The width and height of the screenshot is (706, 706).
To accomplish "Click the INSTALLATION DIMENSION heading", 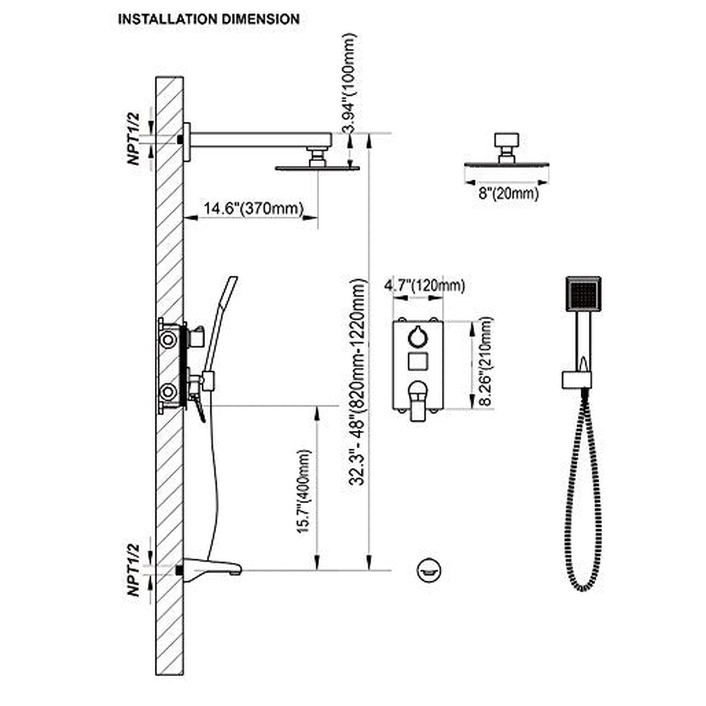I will pyautogui.click(x=209, y=20).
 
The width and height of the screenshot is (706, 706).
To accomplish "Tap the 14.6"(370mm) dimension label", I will pyautogui.click(x=253, y=208).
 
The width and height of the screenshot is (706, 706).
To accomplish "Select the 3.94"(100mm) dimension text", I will pyautogui.click(x=350, y=83).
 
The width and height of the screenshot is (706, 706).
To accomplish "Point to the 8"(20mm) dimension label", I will pyautogui.click(x=508, y=193).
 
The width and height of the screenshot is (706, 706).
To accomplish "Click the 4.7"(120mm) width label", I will pyautogui.click(x=424, y=285).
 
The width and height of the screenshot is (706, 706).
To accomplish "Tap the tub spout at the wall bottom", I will pyautogui.click(x=215, y=568).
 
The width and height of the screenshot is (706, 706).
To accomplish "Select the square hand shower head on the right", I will pyautogui.click(x=583, y=294).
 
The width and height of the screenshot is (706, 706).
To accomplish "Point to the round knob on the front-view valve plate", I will pyautogui.click(x=418, y=336).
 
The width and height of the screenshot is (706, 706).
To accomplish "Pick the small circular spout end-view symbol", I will pyautogui.click(x=429, y=570).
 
